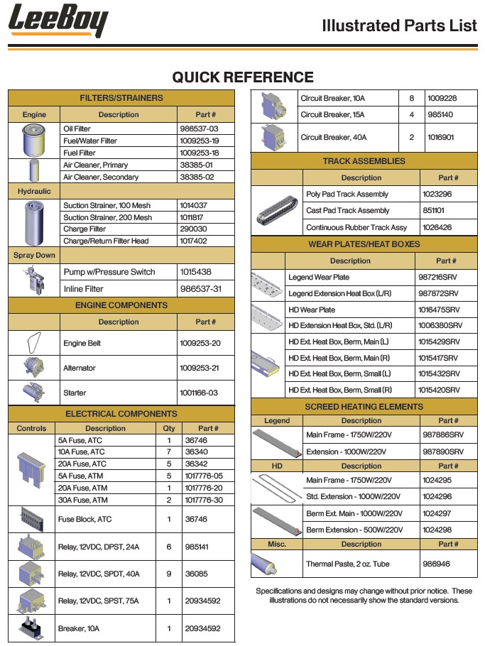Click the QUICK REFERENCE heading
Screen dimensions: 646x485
click(242, 77)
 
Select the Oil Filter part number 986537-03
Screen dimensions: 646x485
click(199, 129)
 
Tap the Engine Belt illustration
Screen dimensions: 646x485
click(34, 343)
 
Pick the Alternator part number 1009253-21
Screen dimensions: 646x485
click(200, 368)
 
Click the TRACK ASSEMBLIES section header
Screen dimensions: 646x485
click(364, 161)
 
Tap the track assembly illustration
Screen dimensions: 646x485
click(277, 211)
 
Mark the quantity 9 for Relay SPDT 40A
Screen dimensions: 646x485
click(168, 574)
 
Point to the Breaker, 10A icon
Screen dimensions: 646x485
click(31, 628)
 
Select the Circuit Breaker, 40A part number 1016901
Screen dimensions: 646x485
click(442, 137)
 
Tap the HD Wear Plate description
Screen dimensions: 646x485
click(312, 310)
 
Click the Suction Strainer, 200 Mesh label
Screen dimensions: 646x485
click(107, 217)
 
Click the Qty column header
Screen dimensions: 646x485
click(168, 428)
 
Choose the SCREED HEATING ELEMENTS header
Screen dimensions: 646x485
click(364, 407)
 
